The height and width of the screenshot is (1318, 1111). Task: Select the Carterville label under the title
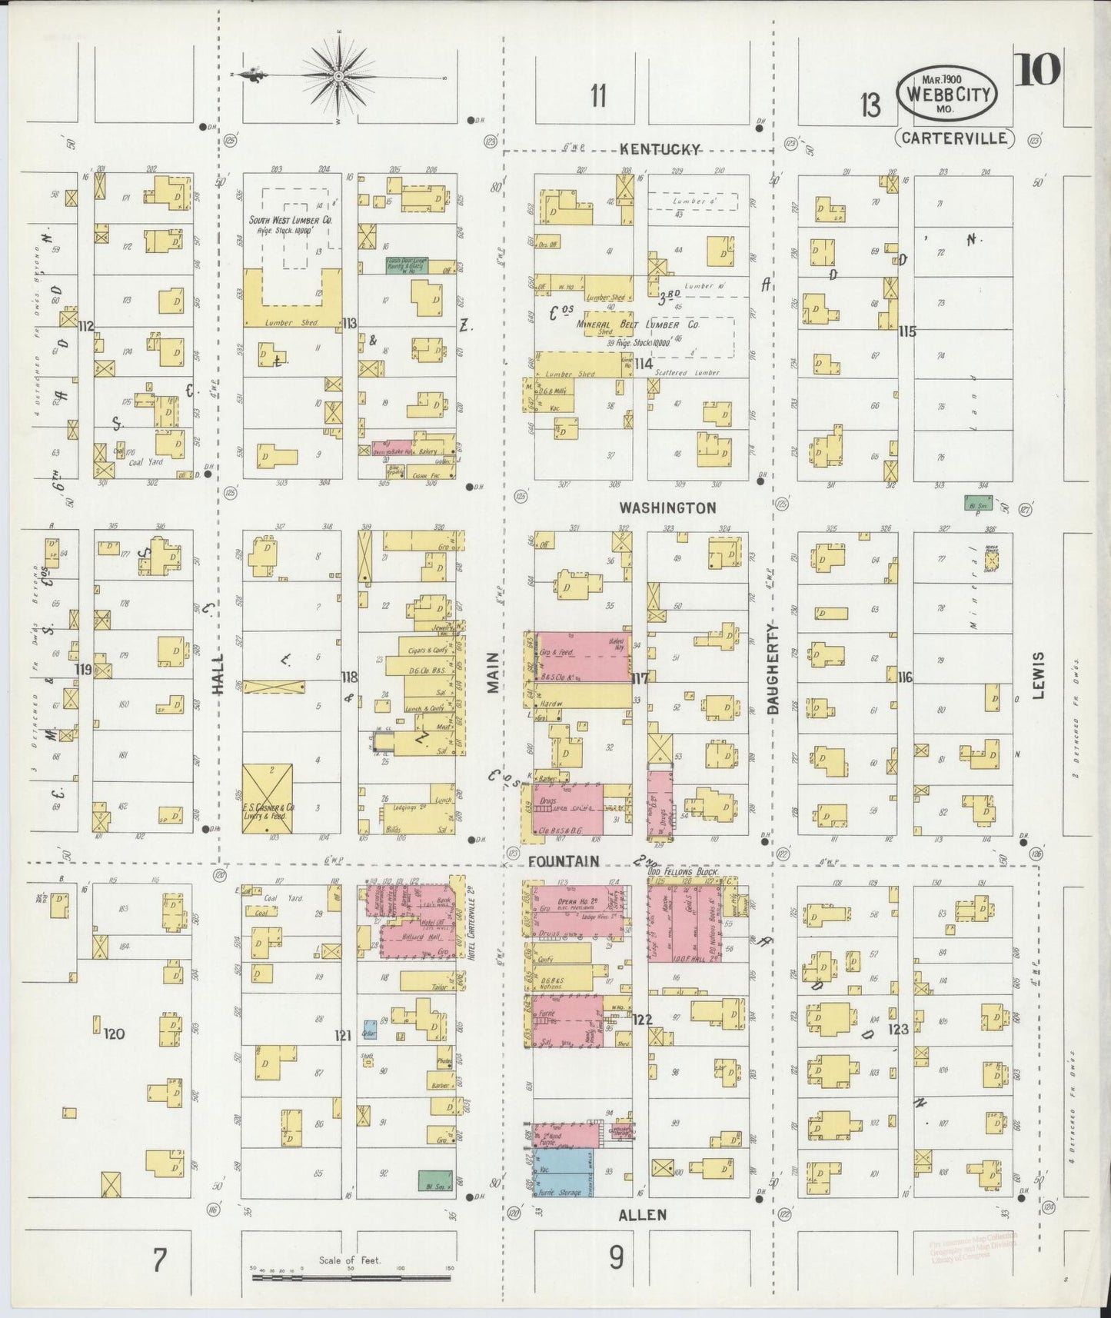click(954, 138)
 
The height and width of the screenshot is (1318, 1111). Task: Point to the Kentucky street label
click(660, 150)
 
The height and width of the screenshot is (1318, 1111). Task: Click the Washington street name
click(667, 508)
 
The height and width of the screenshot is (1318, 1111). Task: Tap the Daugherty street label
click(773, 668)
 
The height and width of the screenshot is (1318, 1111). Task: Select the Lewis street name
click(1038, 676)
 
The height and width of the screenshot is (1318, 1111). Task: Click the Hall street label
click(218, 674)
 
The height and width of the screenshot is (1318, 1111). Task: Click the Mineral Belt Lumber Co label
click(637, 325)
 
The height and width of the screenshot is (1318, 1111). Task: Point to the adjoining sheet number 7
click(159, 1261)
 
